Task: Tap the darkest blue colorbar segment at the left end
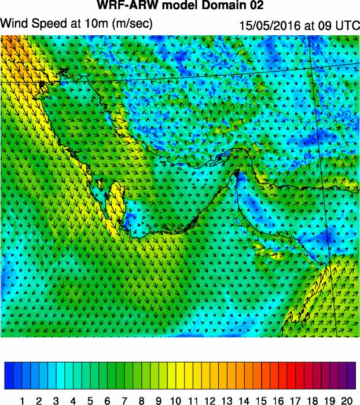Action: (x=9, y=375)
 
